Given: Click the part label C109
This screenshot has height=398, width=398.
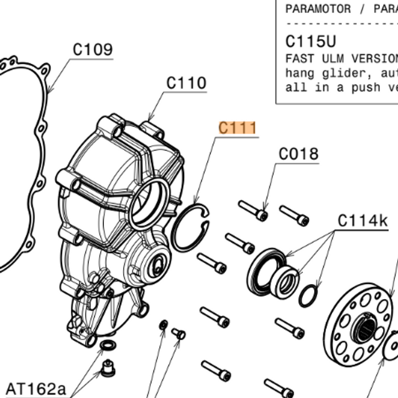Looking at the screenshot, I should [93, 50].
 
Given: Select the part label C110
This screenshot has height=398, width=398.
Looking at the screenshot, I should [186, 83].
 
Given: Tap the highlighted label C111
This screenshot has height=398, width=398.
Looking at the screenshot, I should [237, 127].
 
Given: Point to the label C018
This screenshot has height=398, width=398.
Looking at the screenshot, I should [298, 154].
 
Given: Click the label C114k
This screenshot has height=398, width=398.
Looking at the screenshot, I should [363, 221].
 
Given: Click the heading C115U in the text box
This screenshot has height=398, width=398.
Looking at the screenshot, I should [310, 41].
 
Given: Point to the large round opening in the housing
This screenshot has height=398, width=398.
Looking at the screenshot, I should [150, 201].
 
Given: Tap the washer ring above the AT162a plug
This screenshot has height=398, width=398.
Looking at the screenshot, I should [107, 345].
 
